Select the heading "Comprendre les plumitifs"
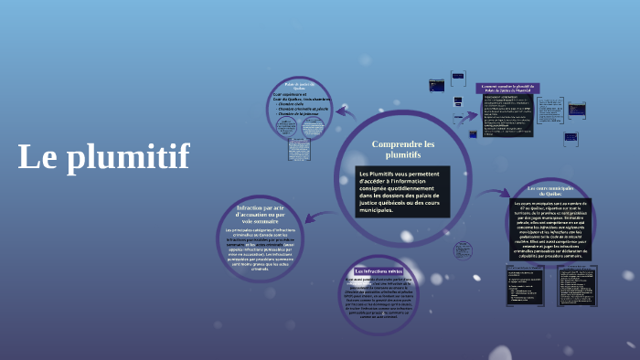[403, 150]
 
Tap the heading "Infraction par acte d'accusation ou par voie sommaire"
[261, 215]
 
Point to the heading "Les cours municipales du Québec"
[549, 190]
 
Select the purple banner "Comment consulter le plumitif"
[507, 89]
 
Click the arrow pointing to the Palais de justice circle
[344, 112]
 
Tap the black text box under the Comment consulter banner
[507, 116]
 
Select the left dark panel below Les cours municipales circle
[526, 285]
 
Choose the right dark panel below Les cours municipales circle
[577, 285]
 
